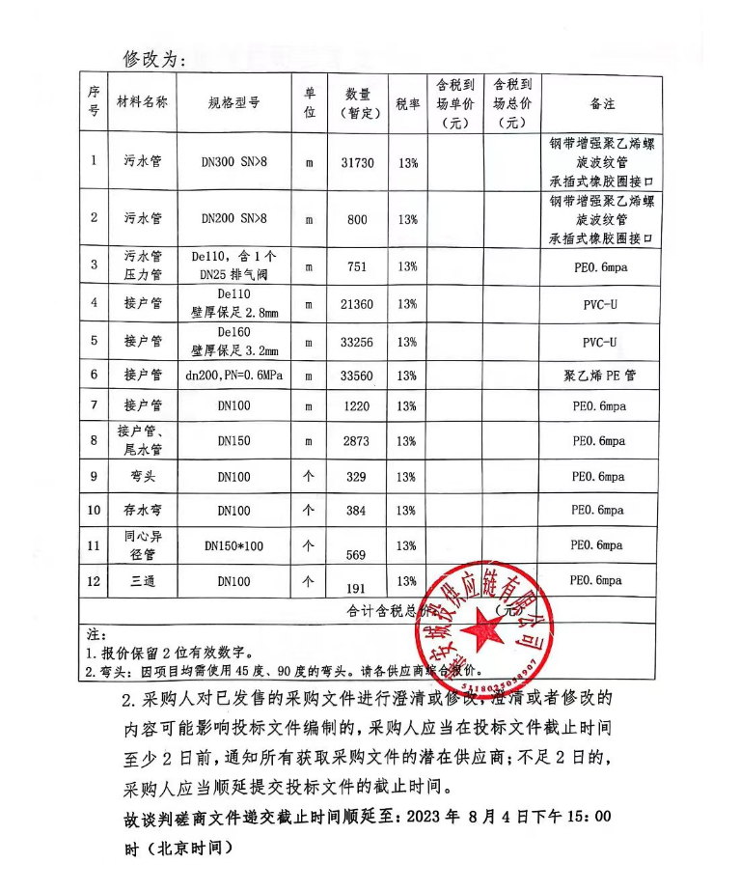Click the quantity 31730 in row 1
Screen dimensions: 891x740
[x=357, y=163]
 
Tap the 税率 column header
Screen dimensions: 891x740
[x=407, y=104]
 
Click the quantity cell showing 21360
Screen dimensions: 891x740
[x=357, y=304]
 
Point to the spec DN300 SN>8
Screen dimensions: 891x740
[x=234, y=163]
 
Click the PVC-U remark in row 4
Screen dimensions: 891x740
[x=599, y=304]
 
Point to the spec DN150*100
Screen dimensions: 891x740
[x=233, y=546]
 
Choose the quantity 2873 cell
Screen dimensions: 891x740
[x=357, y=441]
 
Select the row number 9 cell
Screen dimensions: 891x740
[x=94, y=476]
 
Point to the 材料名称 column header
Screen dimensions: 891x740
[x=142, y=104]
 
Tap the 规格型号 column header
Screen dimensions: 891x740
[x=233, y=104]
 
